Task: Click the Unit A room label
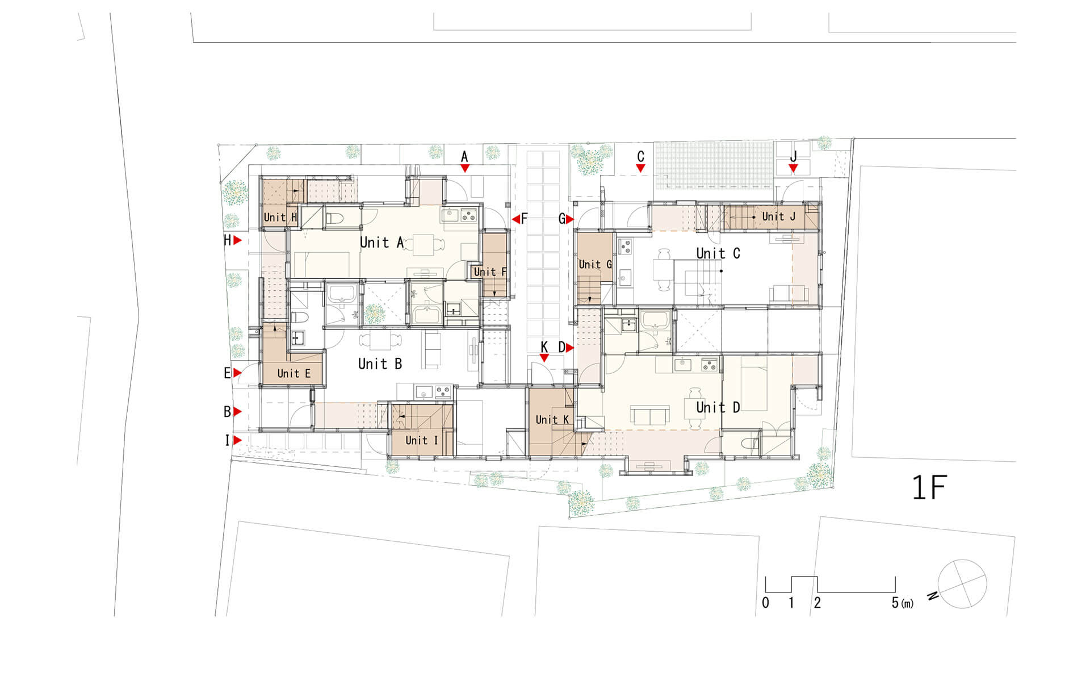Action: click(x=381, y=243)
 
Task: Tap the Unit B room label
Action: click(x=380, y=364)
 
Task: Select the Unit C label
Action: click(x=718, y=253)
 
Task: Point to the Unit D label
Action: click(x=718, y=407)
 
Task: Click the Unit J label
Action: click(x=778, y=216)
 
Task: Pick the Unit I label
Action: click(x=421, y=440)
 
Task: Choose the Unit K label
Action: click(x=552, y=420)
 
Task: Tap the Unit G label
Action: click(x=595, y=264)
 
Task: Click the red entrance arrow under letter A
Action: click(x=465, y=169)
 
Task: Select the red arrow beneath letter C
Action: click(x=640, y=169)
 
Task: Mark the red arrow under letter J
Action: click(x=793, y=169)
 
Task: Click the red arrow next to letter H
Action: click(x=238, y=241)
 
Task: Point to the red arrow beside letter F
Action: click(x=515, y=219)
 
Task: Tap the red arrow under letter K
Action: click(x=544, y=358)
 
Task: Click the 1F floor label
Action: click(x=929, y=487)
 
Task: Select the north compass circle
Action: click(x=962, y=584)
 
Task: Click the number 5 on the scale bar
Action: click(x=895, y=603)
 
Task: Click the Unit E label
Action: click(x=294, y=374)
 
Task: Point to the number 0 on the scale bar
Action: click(x=765, y=603)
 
